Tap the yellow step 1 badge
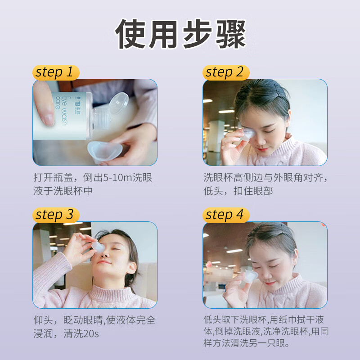point(55,72)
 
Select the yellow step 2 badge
point(225,72)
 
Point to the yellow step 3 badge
point(55,215)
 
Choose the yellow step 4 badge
point(225,215)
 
